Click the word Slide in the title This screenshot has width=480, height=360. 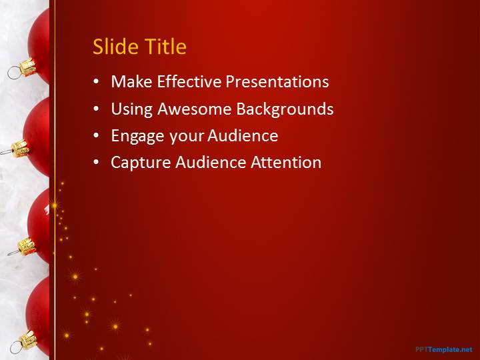116,47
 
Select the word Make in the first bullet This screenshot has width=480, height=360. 131,81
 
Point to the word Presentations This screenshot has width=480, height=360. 277,81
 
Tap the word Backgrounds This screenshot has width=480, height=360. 285,109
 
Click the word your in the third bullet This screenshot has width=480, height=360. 186,137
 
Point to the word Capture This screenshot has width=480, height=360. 141,163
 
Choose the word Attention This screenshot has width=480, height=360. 286,162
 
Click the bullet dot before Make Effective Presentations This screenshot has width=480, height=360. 97,81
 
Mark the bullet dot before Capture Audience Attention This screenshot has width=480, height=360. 97,162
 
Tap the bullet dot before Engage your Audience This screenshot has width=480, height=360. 97,135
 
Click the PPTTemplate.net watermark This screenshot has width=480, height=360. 444,349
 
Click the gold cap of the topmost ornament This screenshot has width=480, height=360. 27,67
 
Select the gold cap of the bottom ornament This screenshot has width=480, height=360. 28,340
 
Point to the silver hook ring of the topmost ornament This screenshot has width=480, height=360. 13,73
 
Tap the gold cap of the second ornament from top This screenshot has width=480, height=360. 21,149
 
